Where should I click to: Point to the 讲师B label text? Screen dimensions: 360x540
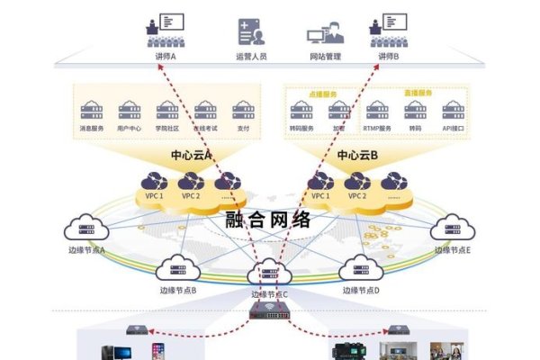pos(388,56)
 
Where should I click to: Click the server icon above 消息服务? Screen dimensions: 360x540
pos(92,110)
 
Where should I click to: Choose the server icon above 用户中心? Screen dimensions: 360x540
pos(130,110)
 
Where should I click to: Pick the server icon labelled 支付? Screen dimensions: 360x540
pos(243,110)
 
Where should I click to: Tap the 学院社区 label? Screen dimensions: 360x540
pos(167,129)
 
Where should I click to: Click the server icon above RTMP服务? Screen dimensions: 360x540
pos(377,110)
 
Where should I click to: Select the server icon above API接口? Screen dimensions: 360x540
pos(452,110)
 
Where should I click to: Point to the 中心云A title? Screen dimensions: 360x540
pos(191,155)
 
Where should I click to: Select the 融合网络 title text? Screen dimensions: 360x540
pos(270,219)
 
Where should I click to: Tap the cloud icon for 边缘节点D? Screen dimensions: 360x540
pos(359,268)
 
